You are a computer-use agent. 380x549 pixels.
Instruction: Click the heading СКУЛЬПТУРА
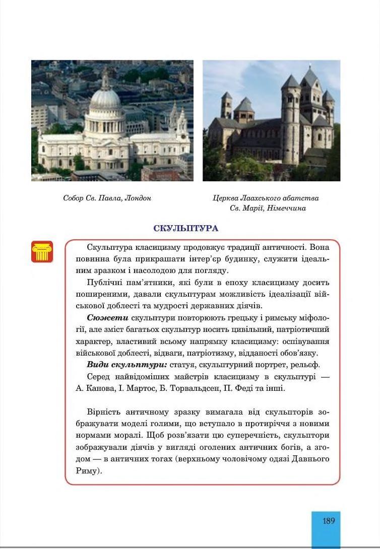click(x=185, y=229)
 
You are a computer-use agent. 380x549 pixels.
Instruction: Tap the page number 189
click(x=329, y=521)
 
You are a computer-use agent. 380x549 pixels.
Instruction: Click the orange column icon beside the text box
click(x=42, y=251)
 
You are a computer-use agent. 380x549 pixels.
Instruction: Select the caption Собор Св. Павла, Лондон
click(x=107, y=198)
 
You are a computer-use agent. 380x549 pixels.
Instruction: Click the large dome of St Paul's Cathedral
click(x=105, y=98)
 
